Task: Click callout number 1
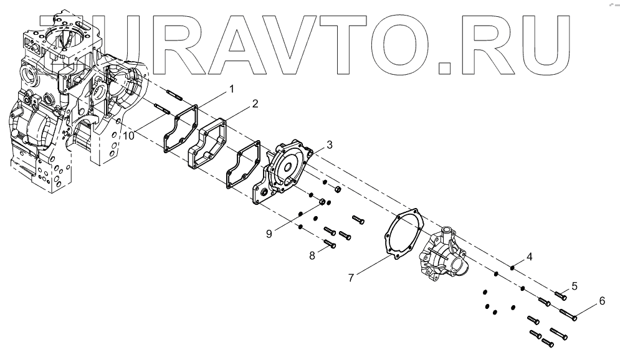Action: click(232, 89)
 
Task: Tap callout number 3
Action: click(330, 145)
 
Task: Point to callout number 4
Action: click(529, 256)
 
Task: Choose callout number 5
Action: click(575, 286)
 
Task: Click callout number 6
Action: click(602, 301)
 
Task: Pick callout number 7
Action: click(351, 278)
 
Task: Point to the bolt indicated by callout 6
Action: click(568, 315)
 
